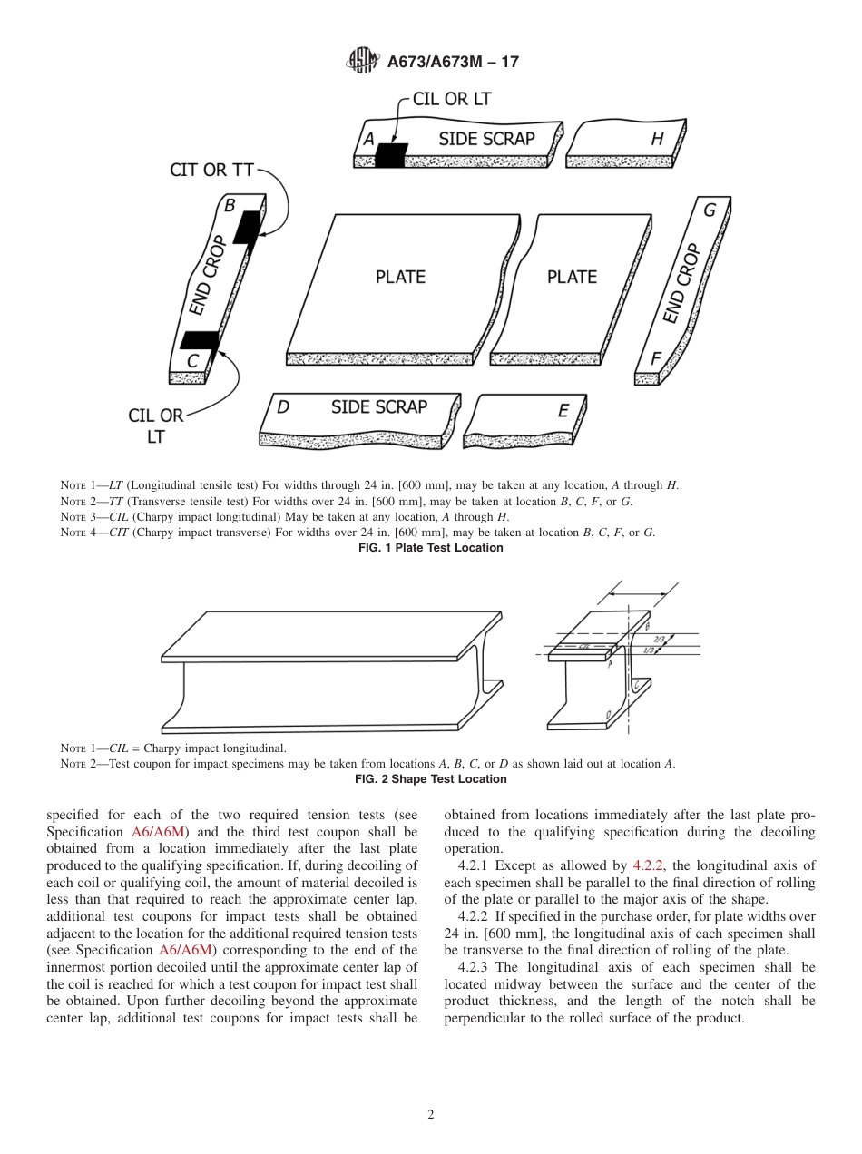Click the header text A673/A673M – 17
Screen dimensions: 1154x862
click(x=452, y=62)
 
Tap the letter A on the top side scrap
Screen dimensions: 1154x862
click(x=369, y=140)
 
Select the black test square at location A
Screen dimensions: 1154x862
click(x=391, y=155)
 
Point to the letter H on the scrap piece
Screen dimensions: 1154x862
click(x=657, y=139)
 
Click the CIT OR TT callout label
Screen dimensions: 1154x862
click(x=212, y=171)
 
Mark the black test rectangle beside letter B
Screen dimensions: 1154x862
click(x=247, y=227)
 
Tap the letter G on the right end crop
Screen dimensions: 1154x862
click(x=710, y=210)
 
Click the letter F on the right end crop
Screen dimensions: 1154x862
click(x=655, y=358)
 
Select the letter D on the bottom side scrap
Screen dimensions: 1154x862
click(x=283, y=408)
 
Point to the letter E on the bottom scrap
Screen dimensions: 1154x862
click(x=563, y=411)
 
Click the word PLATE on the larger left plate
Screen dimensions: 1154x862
click(x=400, y=277)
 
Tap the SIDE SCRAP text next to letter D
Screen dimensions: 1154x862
click(x=378, y=406)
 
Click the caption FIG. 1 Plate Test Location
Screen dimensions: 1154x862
click(x=430, y=548)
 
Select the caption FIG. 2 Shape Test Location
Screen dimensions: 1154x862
click(x=430, y=779)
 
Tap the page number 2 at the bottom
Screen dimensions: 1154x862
click(x=431, y=1115)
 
